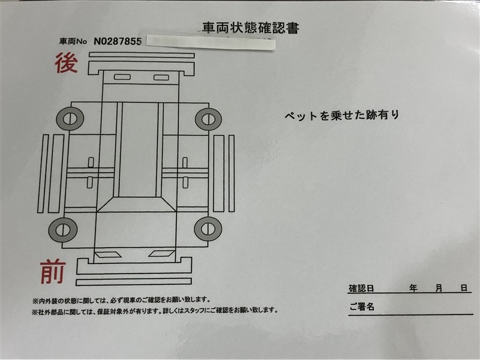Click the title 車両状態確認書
tap(250, 28)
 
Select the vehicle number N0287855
tap(118, 41)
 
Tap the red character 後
tap(66, 63)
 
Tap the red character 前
tap(53, 272)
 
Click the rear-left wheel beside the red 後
tap(70, 119)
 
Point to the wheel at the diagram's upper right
tap(208, 119)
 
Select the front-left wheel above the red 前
tap(63, 230)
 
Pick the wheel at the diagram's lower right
tap(208, 229)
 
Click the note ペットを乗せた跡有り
tap(342, 116)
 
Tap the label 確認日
tap(361, 289)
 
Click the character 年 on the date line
tap(413, 288)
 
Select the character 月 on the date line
tap(439, 288)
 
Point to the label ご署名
tap(362, 307)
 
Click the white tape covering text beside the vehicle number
tap(211, 43)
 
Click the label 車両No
tap(73, 41)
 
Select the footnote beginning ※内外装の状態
tap(122, 300)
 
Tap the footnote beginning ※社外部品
tap(155, 311)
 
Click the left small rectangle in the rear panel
tap(122, 77)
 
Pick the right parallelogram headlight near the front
tap(161, 254)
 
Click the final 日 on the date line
tap(464, 288)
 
